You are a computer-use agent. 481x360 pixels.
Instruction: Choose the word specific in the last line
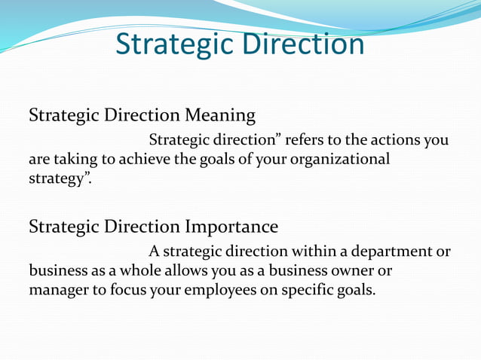pyautogui.click(x=306, y=290)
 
